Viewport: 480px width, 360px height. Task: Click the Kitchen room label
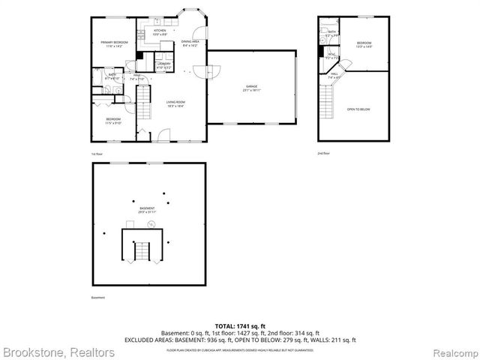pos(160,32)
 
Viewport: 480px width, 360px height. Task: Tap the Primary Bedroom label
pos(115,43)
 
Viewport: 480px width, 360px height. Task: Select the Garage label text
pos(250,88)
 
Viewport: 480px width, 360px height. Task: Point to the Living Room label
pos(175,103)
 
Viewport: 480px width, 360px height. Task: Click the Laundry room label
pos(164,64)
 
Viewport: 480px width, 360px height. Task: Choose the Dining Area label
pos(190,43)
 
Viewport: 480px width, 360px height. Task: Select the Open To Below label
pos(358,109)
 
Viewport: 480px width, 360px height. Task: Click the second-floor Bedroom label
pos(364,44)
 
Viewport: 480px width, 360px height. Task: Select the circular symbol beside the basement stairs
pos(151,224)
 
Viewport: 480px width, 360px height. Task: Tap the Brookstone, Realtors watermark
pos(58,351)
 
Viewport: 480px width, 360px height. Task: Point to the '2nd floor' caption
pos(323,153)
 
